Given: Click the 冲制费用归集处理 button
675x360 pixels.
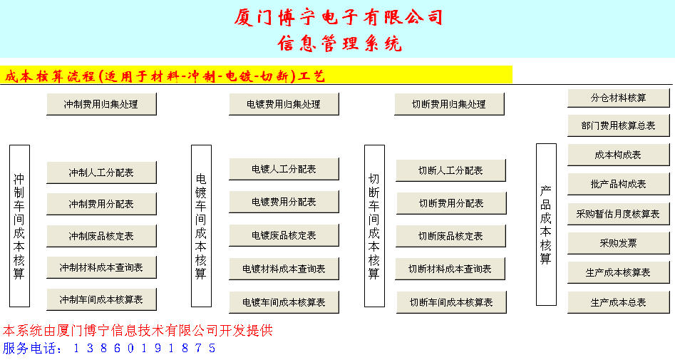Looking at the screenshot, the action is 101,104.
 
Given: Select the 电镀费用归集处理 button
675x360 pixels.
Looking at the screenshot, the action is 284,104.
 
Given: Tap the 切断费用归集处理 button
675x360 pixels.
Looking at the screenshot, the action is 449,104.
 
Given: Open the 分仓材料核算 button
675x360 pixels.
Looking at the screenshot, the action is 619,98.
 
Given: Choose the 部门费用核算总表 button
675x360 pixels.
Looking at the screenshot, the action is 619,125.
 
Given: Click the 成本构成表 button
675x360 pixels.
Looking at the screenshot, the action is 619,155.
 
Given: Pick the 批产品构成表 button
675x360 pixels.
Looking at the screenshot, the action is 619,185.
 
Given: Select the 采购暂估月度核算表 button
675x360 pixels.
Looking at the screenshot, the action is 619,214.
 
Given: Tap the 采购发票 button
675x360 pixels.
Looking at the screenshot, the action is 619,243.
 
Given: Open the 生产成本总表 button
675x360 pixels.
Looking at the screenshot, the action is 619,302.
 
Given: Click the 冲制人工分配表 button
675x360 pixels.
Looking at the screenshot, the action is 101,173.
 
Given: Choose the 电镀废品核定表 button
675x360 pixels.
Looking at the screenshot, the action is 284,235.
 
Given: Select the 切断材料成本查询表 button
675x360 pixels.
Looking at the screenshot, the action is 450,269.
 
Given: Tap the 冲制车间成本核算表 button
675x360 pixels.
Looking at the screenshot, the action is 101,299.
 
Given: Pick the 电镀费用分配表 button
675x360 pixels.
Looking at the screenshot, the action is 284,202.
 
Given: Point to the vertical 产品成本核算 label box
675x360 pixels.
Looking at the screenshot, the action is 546,225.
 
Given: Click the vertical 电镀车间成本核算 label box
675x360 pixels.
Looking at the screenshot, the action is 201,226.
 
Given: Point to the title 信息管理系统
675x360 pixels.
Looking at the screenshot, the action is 340,43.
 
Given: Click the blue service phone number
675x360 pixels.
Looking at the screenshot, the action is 145,348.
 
